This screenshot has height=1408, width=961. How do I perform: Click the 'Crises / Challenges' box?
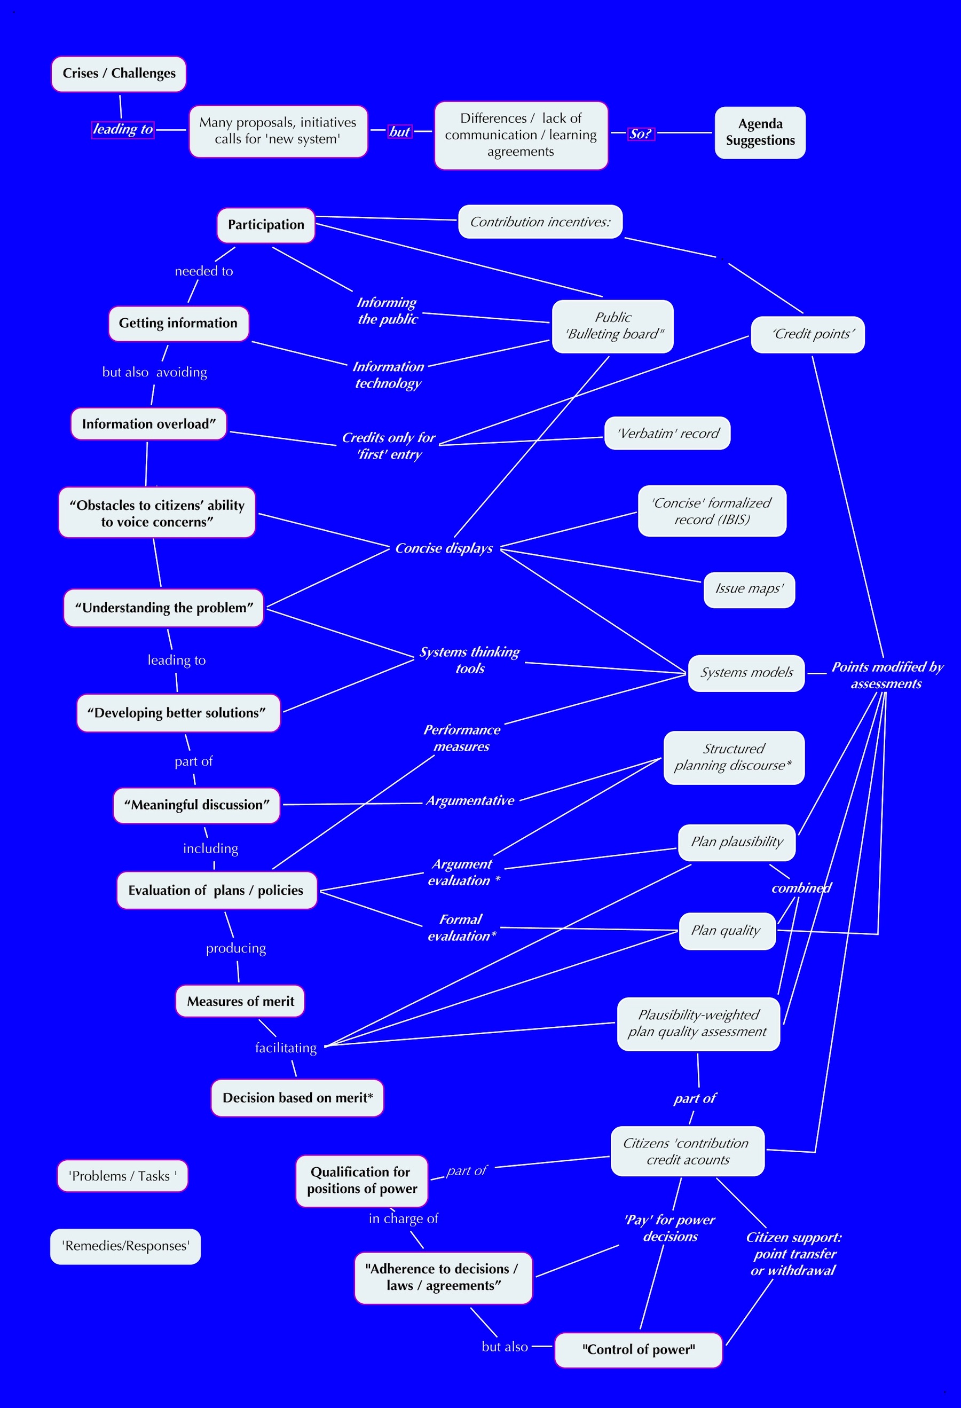(x=119, y=74)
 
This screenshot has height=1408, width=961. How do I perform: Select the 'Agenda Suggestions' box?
(x=760, y=132)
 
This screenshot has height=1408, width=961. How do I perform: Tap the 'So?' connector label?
(x=641, y=133)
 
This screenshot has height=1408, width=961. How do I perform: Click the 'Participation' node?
(x=266, y=225)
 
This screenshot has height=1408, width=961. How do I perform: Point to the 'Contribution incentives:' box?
(x=540, y=222)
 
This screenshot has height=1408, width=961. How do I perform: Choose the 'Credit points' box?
(x=808, y=334)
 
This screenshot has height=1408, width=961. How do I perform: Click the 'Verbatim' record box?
(x=667, y=433)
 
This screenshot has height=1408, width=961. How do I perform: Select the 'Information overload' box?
(x=148, y=423)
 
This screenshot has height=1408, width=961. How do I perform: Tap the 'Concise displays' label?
(x=444, y=548)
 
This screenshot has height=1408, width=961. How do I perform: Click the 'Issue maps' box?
(x=749, y=589)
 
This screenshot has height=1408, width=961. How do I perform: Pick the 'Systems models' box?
(x=746, y=672)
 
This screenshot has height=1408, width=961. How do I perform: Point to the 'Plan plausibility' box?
(x=736, y=841)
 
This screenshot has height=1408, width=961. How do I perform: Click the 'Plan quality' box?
(x=727, y=931)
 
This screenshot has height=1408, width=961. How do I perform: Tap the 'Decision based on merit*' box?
(x=297, y=1098)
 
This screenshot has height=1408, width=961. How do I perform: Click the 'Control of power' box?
(x=638, y=1350)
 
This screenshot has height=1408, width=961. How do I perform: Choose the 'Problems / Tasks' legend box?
(x=122, y=1176)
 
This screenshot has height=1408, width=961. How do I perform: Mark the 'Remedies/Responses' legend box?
(x=125, y=1246)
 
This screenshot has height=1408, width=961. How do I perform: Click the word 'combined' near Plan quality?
(x=801, y=888)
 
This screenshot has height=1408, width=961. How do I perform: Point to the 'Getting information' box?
(x=178, y=323)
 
